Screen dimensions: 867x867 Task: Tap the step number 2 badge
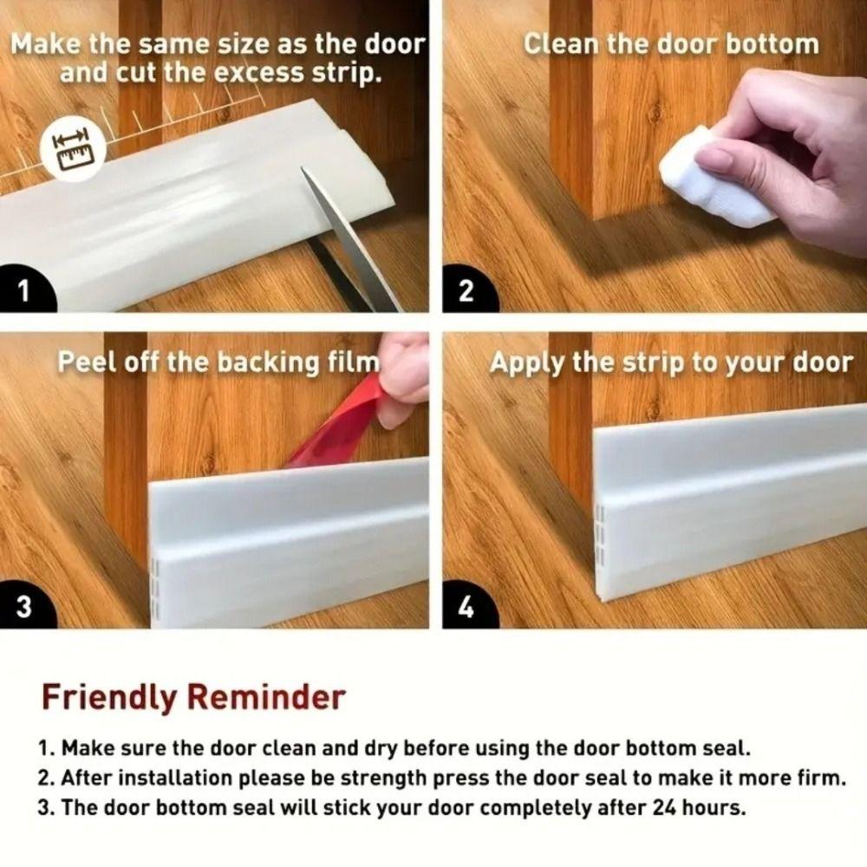(x=466, y=291)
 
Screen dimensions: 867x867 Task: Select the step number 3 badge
(x=24, y=606)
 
